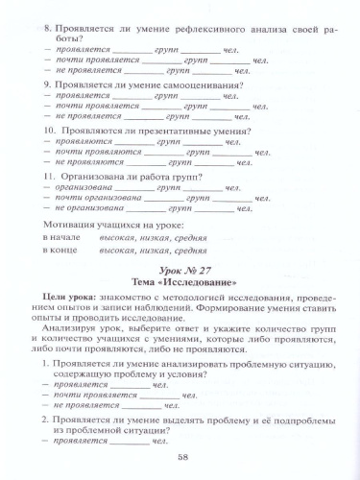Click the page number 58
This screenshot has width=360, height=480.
point(181,456)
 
